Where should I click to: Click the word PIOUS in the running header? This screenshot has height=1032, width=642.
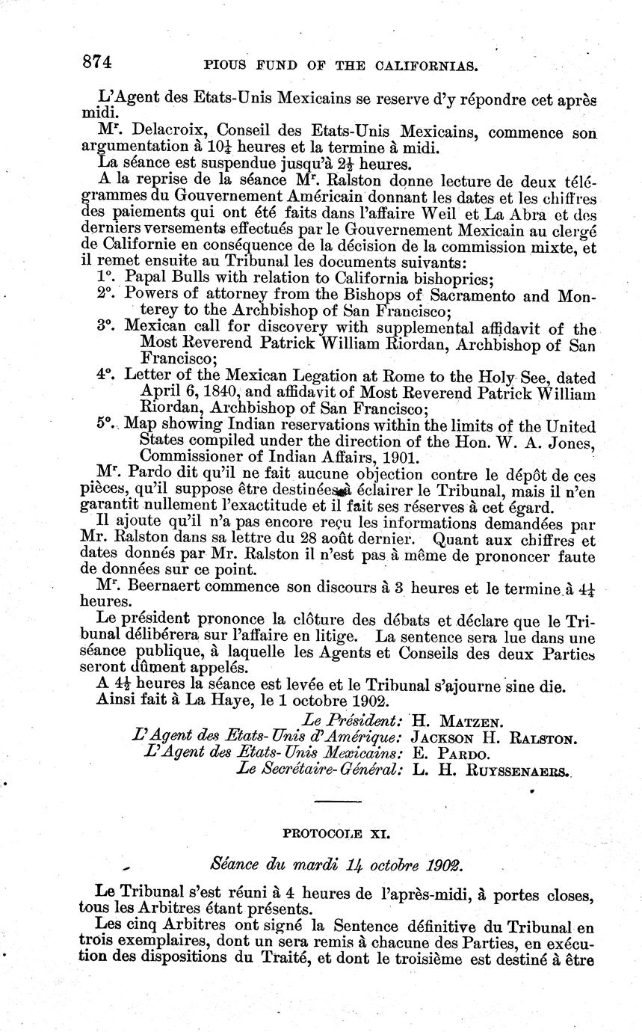click(x=227, y=67)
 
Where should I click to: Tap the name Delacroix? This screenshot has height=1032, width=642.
click(x=170, y=133)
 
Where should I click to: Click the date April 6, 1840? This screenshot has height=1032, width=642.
click(x=189, y=393)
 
